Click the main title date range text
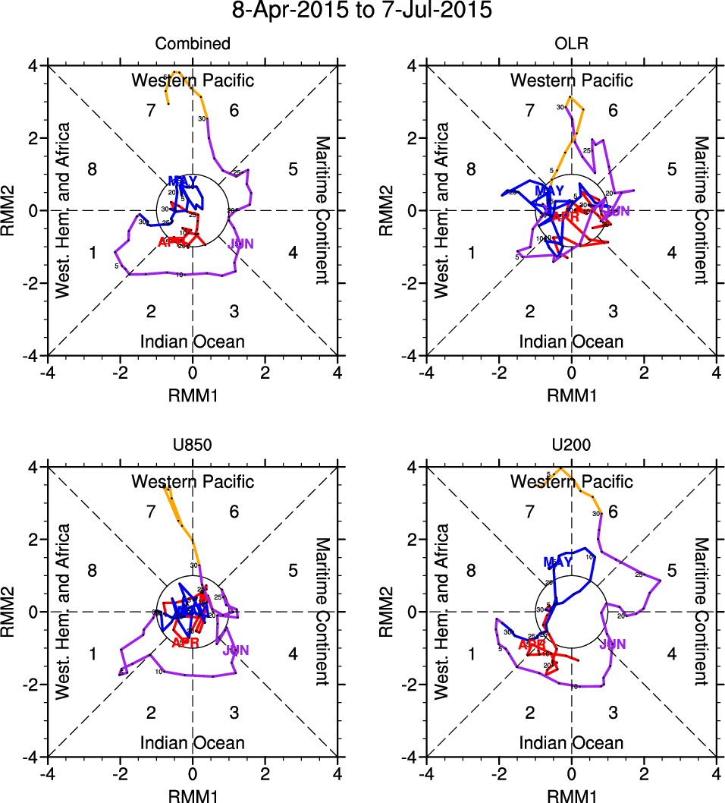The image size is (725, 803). [x=362, y=11]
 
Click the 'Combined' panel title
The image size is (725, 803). [x=193, y=44]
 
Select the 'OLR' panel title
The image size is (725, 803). [x=571, y=44]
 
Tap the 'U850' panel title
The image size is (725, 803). [x=193, y=446]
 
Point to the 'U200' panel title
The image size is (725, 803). [x=571, y=446]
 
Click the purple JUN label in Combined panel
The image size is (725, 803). [x=241, y=244]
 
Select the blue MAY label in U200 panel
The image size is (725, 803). [x=557, y=562]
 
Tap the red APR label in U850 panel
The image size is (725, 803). [x=185, y=643]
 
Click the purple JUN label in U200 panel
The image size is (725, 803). [x=613, y=644]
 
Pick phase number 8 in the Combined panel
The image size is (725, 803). [x=93, y=169]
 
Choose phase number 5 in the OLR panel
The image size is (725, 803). [x=671, y=169]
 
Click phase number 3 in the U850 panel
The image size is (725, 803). [x=234, y=713]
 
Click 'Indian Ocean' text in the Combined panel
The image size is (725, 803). [x=193, y=342]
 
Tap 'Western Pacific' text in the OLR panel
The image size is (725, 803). [x=571, y=80]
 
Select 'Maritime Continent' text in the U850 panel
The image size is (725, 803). [x=323, y=612]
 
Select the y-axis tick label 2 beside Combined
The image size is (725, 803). [x=33, y=138]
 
